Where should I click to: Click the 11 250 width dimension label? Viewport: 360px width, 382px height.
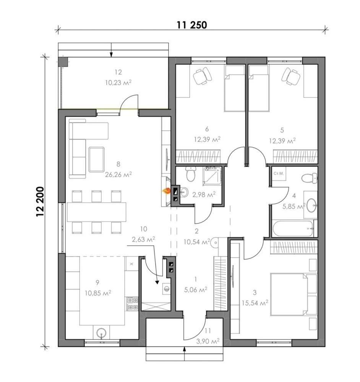192,25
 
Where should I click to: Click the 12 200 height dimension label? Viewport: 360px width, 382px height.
40,202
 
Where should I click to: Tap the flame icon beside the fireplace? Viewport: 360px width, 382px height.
166,191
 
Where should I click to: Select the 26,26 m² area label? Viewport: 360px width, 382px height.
118,174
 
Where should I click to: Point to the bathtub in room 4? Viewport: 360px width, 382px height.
293,229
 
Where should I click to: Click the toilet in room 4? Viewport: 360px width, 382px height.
310,178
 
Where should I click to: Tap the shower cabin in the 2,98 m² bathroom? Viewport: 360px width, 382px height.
212,176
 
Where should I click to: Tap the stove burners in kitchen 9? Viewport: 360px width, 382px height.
132,304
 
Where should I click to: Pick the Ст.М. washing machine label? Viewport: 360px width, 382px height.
279,174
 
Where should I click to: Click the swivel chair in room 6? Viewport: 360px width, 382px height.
203,76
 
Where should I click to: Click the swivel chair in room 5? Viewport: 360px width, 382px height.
290,76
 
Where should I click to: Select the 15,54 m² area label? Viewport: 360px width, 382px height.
255,303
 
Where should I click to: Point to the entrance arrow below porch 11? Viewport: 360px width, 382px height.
185,354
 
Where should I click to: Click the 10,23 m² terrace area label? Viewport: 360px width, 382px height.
118,83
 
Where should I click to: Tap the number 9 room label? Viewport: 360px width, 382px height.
97,282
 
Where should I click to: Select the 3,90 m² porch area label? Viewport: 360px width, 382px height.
208,341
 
